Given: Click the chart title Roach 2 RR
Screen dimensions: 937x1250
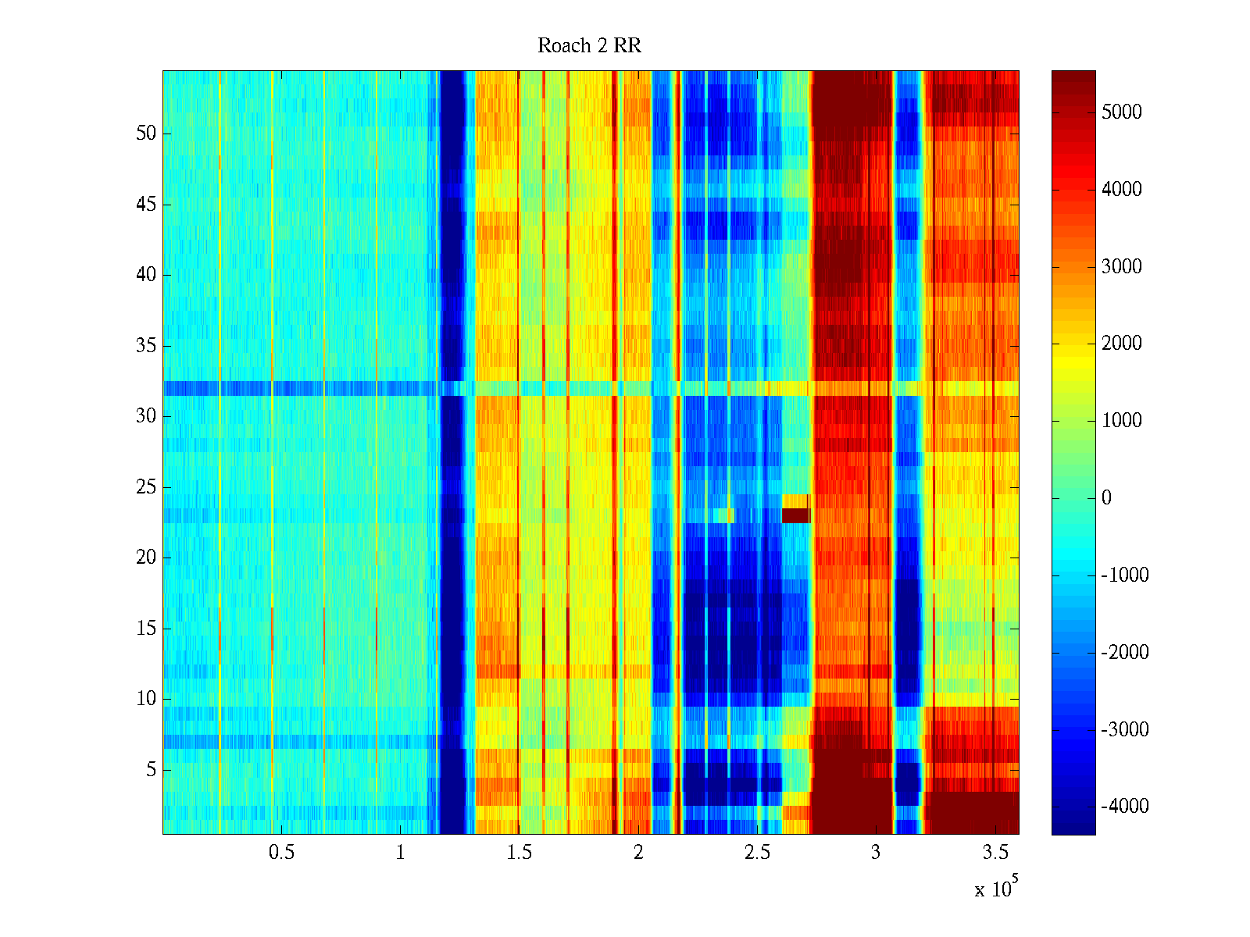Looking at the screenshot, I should [x=589, y=46].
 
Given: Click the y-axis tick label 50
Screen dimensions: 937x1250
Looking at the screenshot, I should [x=146, y=134].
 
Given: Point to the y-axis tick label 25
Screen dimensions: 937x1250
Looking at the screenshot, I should [x=146, y=487].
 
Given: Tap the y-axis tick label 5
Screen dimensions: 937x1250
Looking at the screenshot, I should [x=151, y=770].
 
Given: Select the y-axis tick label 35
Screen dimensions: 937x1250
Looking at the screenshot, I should [x=146, y=346].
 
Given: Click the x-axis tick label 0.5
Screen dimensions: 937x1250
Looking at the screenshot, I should [x=281, y=853].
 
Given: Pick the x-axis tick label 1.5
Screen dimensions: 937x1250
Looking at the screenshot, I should [x=519, y=853].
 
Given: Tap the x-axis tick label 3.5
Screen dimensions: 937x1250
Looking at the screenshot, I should [x=995, y=853].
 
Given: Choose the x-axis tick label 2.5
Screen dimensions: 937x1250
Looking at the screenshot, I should [x=757, y=853].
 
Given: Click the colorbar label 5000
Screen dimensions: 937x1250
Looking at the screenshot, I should [x=1121, y=112].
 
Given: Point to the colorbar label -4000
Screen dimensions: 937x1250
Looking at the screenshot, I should [x=1124, y=807].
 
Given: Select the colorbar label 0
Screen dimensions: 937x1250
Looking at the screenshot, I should [x=1106, y=498].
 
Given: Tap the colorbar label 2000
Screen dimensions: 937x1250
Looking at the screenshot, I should [x=1121, y=344].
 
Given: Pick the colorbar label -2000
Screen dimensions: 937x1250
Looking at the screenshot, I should [x=1124, y=653].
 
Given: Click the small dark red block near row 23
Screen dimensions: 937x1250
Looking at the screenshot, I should [x=796, y=515].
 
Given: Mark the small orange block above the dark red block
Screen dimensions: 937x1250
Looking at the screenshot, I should [x=796, y=501].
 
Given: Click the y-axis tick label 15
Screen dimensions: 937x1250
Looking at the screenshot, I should [x=146, y=629].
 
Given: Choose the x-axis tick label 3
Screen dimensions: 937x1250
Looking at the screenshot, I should [x=876, y=853].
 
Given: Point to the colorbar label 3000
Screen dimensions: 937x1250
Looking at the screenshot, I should [x=1121, y=267].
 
